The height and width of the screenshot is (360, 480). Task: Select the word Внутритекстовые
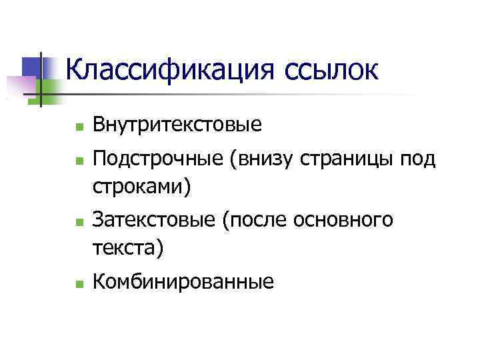[177, 125]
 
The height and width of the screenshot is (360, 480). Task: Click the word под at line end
[417, 159]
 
